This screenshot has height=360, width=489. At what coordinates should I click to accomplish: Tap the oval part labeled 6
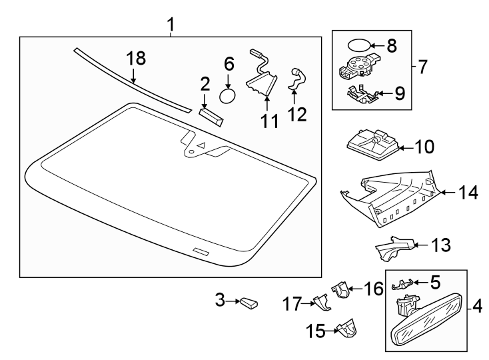coord(229,96)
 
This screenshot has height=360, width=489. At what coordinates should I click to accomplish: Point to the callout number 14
coord(468,193)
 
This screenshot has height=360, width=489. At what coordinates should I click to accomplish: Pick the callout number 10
coord(424,145)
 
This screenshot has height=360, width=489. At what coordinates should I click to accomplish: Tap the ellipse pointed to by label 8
coord(358,47)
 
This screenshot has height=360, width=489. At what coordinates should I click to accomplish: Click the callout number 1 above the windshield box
coord(171,25)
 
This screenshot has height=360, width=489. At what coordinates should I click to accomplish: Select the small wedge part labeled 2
coord(211,117)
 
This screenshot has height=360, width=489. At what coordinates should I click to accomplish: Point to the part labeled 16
coord(341,291)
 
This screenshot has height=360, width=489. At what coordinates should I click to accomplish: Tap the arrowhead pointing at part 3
coord(236,302)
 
